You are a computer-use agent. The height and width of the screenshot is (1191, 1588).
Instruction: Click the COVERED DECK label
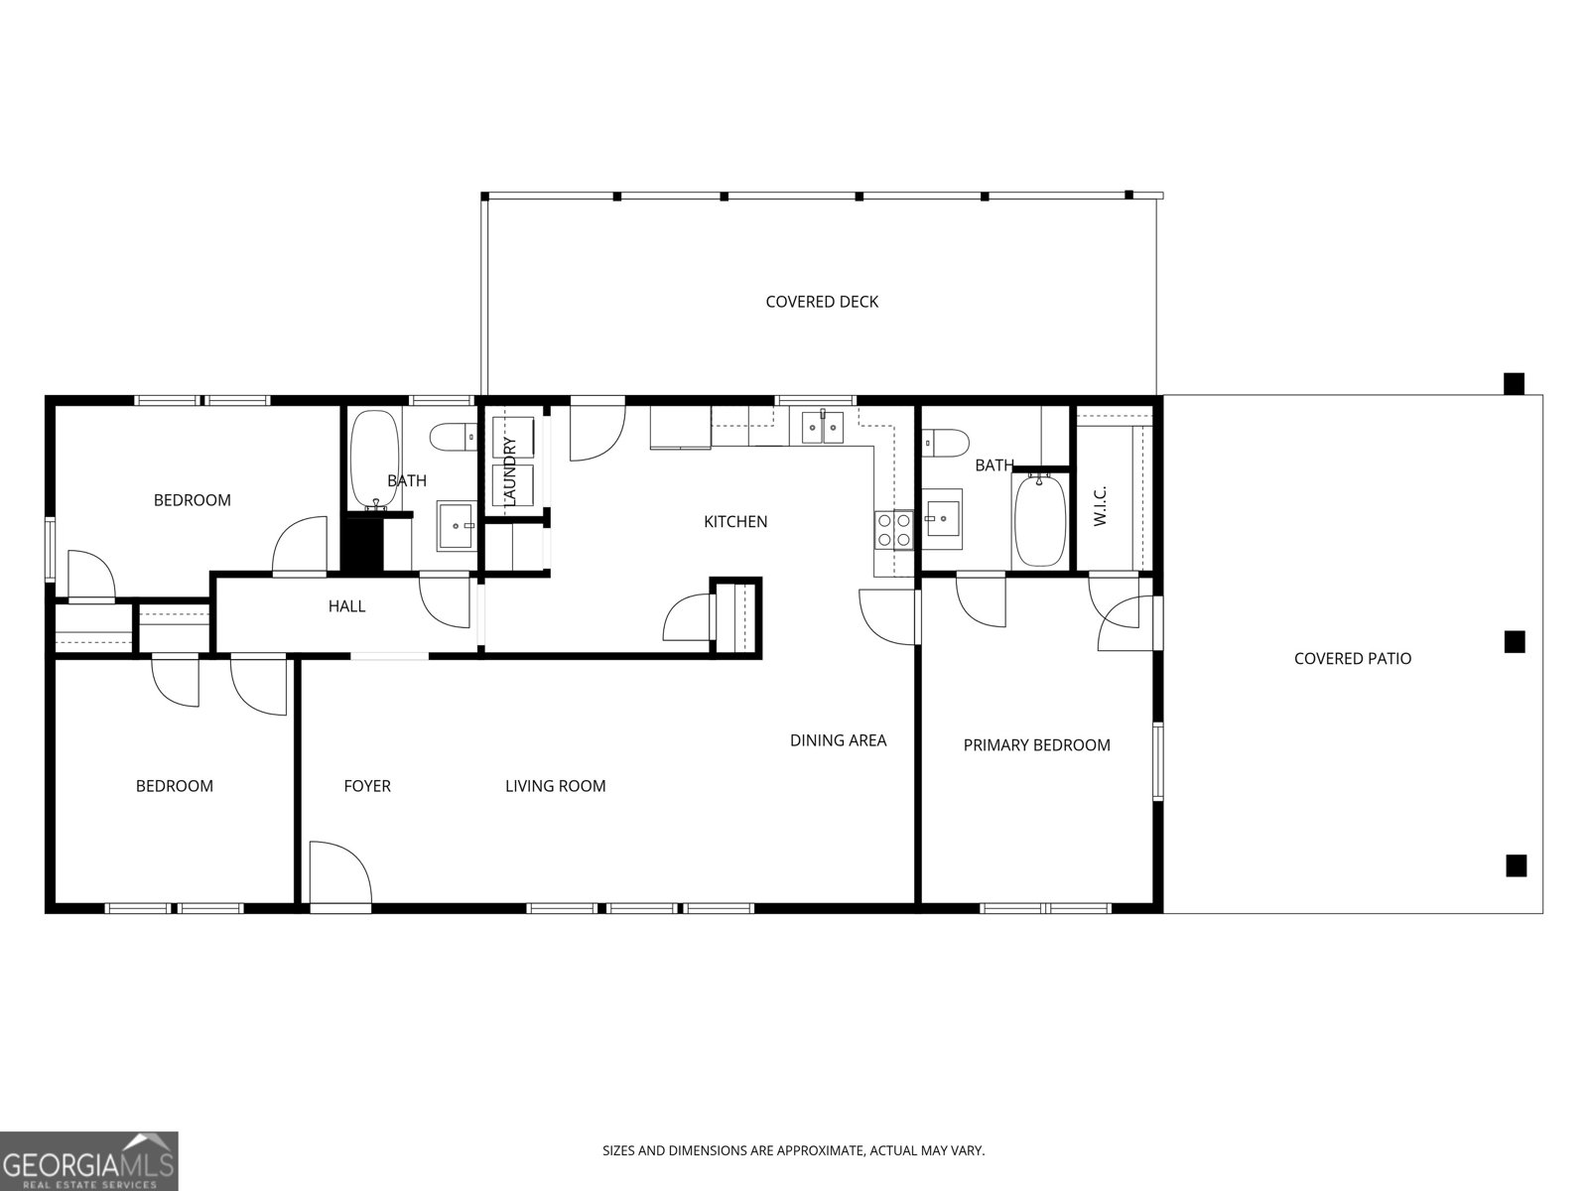(822, 302)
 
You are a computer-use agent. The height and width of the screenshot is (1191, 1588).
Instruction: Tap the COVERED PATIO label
(1352, 659)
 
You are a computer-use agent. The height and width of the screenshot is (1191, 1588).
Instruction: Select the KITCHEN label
(735, 521)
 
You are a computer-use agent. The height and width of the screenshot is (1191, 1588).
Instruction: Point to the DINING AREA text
(838, 740)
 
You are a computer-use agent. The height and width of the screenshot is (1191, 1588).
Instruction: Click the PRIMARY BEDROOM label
(1037, 745)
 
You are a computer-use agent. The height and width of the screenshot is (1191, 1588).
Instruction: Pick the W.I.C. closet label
(1101, 505)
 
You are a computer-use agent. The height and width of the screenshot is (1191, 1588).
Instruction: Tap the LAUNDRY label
(508, 470)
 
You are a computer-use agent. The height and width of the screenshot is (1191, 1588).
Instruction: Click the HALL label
(346, 606)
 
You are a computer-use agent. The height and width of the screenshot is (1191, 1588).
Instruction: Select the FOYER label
(367, 786)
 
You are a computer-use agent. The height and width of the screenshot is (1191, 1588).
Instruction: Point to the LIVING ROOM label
(555, 786)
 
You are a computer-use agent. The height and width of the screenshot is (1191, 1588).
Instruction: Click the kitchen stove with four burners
(893, 530)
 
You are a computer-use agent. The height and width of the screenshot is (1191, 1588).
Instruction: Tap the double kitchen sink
(823, 427)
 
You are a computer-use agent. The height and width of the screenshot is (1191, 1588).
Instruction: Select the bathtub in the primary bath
(1039, 520)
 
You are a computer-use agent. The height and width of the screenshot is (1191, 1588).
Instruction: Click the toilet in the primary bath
(945, 443)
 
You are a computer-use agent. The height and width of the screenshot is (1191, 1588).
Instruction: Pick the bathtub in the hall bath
(374, 461)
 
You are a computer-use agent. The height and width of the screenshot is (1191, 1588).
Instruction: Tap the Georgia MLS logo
(89, 1160)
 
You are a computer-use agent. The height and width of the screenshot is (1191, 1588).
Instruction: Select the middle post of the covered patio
(1515, 641)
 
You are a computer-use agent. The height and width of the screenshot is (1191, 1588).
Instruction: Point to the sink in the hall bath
(456, 526)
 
